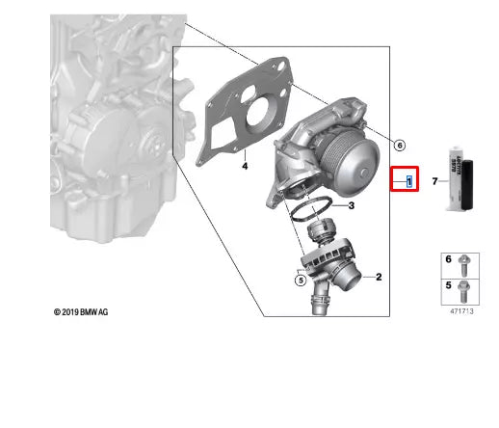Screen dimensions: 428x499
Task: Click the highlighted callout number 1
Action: (x=409, y=180)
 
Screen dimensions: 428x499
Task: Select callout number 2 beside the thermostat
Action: (x=379, y=278)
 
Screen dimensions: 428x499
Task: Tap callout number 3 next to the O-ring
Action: (x=352, y=205)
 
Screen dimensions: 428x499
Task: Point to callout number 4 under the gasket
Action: (x=245, y=166)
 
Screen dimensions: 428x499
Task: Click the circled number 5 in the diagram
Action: (x=300, y=281)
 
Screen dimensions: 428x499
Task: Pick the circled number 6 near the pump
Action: (x=399, y=146)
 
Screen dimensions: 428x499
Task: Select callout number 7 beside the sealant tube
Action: (x=434, y=180)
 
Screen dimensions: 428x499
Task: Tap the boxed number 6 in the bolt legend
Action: (x=447, y=261)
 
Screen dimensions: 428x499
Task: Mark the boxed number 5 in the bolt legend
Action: (x=447, y=286)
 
